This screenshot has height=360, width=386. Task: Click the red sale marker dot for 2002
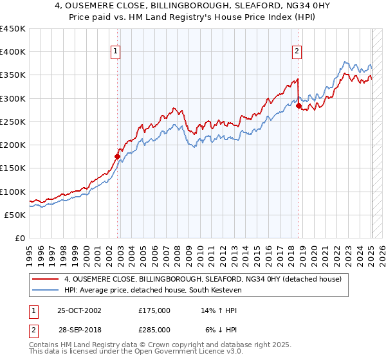tap(118, 156)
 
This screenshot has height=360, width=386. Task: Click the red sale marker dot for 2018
tap(299, 105)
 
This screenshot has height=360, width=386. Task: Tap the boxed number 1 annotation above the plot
tap(115, 52)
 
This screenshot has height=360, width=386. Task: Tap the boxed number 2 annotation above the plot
tap(297, 52)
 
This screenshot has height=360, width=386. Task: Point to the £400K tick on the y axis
tap(13, 52)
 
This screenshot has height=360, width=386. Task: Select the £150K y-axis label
tap(13, 168)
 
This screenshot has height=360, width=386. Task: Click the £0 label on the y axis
tap(21, 238)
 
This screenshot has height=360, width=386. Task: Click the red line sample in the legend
tap(46, 280)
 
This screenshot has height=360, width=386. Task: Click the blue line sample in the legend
tap(46, 291)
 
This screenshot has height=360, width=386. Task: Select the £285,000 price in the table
tap(154, 329)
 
